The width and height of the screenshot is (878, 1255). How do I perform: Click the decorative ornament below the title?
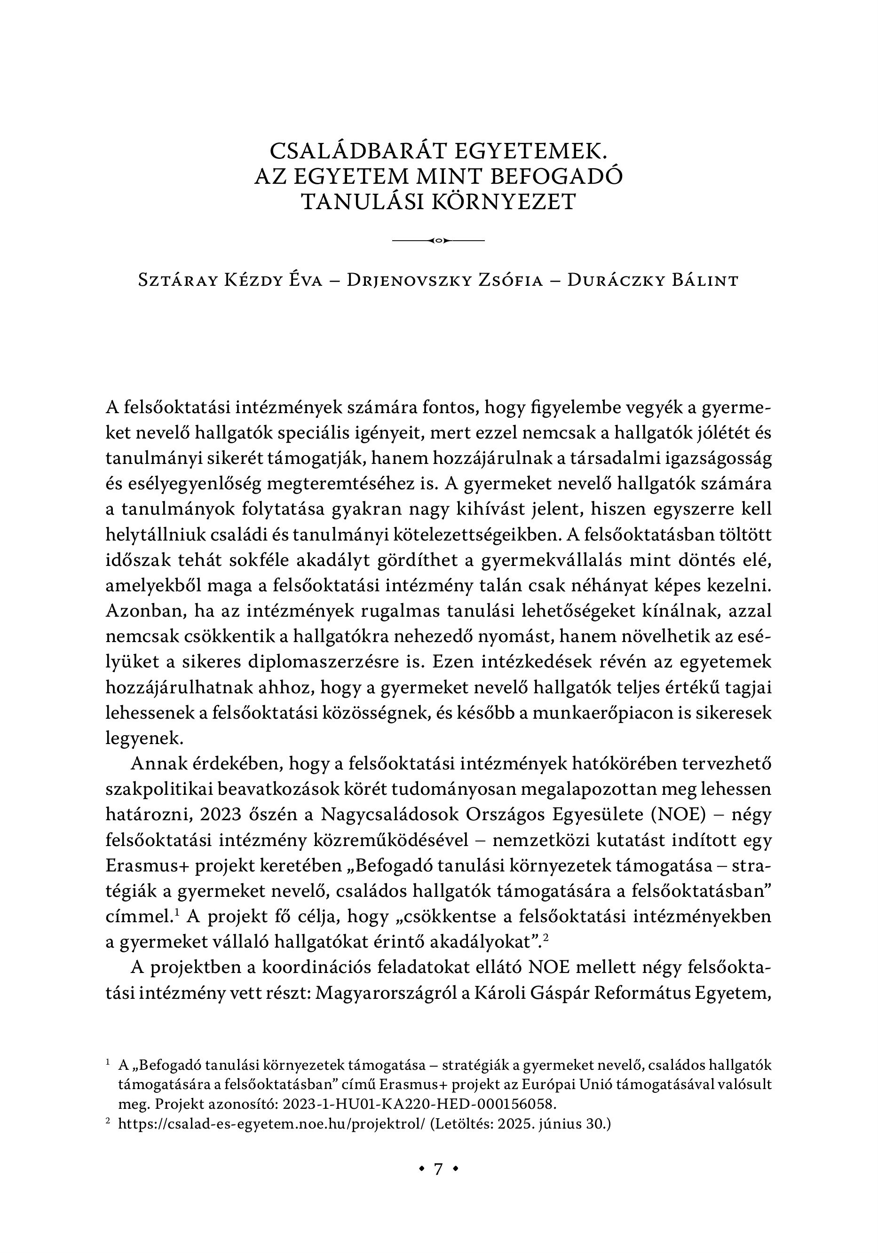coord(439,241)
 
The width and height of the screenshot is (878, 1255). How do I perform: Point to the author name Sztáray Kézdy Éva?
coord(230,281)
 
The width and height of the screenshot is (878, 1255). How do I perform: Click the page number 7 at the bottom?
coord(438,1169)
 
